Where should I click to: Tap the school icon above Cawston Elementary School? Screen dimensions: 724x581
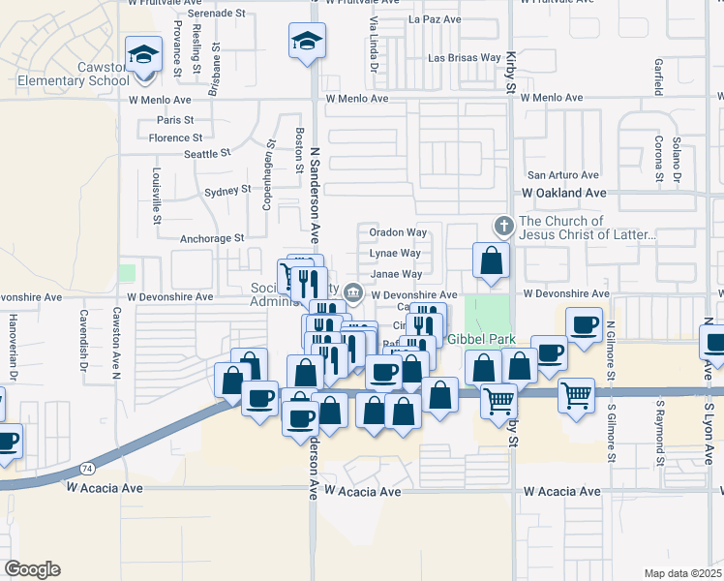click(143, 53)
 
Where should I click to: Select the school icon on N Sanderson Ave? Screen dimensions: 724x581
click(307, 41)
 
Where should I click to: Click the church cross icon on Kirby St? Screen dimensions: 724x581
click(503, 227)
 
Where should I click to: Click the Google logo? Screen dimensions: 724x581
click(32, 569)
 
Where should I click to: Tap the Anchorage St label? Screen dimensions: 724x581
click(212, 238)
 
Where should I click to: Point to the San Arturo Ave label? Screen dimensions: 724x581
click(562, 176)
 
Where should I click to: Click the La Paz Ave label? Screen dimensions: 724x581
click(431, 18)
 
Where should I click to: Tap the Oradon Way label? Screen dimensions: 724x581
click(398, 232)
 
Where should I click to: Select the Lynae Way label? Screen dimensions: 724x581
click(395, 253)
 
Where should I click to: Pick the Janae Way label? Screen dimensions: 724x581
click(396, 274)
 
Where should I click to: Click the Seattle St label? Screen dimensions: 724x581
click(207, 153)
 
